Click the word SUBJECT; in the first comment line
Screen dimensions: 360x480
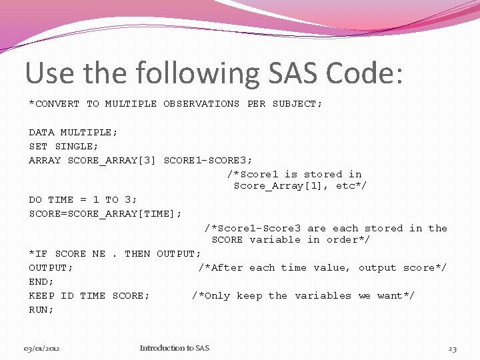[297, 103]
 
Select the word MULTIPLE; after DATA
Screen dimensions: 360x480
[89, 132]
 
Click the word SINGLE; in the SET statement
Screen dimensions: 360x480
[77, 146]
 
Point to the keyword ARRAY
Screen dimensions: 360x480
[45, 160]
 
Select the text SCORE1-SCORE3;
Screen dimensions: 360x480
[208, 160]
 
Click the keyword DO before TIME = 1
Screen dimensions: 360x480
[35, 199]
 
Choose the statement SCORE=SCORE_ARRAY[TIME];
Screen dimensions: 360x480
[105, 213]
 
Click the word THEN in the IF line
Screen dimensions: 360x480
[137, 253]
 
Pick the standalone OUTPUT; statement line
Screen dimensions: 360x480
[51, 267]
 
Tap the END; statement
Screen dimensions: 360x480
[41, 281]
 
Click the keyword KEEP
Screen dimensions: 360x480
[41, 295]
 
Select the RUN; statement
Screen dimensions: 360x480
[41, 309]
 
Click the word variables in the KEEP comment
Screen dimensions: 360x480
[323, 295]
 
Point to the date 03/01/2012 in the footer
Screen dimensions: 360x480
[41, 348]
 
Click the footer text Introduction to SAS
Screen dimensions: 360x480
[174, 348]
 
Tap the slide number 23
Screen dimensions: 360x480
[452, 348]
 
